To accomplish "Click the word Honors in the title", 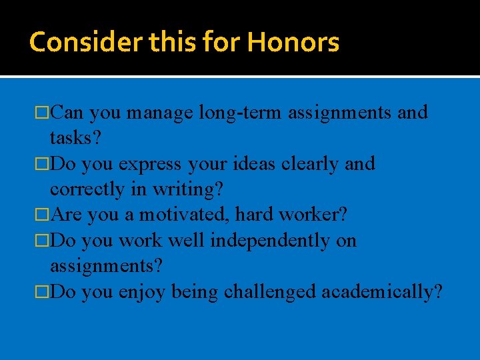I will point(293,42).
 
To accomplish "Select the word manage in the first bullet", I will point(160,113).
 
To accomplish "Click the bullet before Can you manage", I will point(44,113).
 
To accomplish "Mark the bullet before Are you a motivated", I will point(44,215).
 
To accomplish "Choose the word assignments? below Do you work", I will point(106,266).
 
